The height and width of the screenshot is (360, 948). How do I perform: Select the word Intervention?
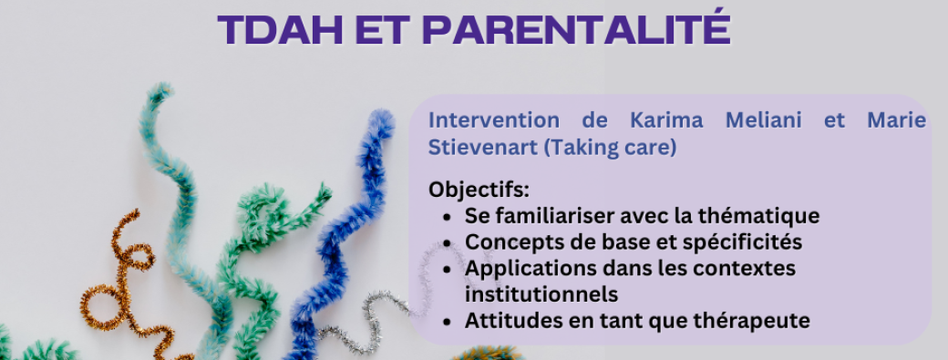click(x=492, y=121)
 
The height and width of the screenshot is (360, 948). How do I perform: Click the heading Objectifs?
click(x=479, y=191)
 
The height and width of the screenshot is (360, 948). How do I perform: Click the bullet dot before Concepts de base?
click(x=446, y=243)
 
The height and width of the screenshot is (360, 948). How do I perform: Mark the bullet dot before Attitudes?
click(x=446, y=322)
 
